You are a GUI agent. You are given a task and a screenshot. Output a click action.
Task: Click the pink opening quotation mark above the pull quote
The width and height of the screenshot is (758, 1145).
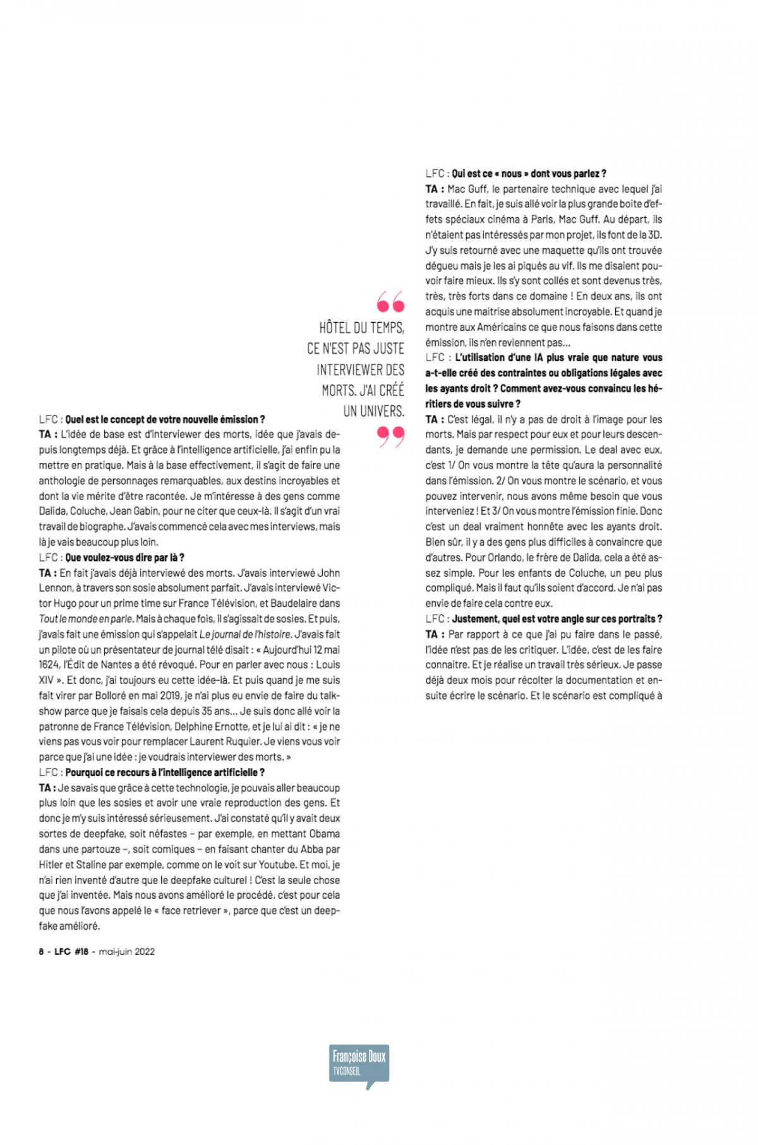click(x=390, y=303)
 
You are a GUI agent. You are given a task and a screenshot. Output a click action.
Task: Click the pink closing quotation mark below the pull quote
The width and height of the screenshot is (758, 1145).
click(x=390, y=436)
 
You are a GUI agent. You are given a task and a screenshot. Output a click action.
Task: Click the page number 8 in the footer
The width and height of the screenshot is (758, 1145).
click(x=41, y=951)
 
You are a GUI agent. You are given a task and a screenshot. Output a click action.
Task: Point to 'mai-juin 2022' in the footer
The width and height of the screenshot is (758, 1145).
click(x=126, y=951)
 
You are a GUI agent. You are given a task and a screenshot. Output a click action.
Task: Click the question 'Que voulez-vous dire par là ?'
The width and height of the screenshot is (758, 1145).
click(x=124, y=558)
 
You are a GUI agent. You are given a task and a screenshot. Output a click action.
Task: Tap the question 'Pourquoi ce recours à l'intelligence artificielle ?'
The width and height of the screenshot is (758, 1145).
click(x=165, y=772)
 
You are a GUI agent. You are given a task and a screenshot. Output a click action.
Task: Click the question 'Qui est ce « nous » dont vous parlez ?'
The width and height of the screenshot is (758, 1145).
click(x=529, y=173)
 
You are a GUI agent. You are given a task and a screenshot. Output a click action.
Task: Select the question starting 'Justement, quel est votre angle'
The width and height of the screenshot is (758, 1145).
click(x=557, y=619)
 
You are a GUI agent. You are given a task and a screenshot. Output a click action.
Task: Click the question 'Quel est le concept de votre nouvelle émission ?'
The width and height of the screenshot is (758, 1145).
click(x=165, y=419)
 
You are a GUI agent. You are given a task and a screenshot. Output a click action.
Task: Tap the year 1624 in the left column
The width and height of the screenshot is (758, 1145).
click(x=50, y=665)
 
